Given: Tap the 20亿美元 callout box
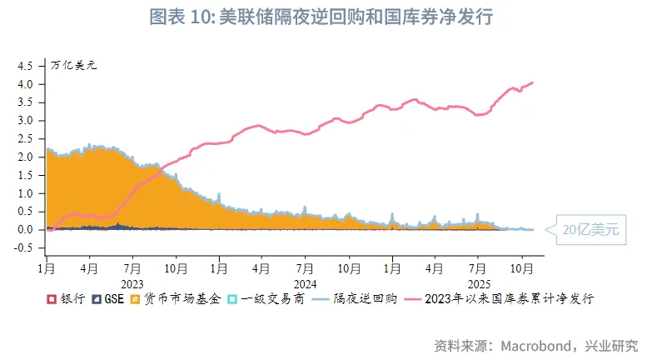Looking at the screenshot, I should click(589, 228).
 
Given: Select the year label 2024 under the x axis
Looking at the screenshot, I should click(304, 283).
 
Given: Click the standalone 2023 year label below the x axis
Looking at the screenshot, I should click(132, 283).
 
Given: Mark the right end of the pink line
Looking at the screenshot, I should click(533, 82).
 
